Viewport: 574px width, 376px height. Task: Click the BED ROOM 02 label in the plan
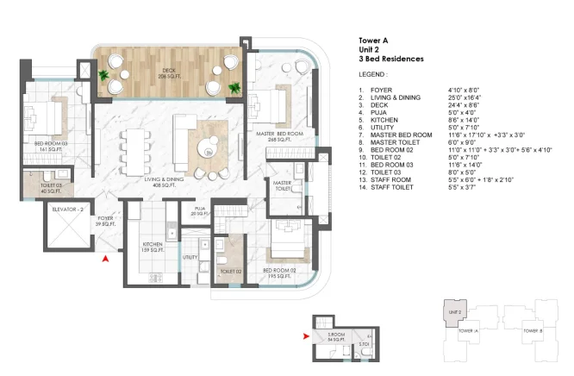(279, 273)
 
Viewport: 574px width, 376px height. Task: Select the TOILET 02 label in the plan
(230, 272)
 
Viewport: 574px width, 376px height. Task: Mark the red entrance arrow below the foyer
(105, 257)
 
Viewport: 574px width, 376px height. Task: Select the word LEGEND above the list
(372, 75)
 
